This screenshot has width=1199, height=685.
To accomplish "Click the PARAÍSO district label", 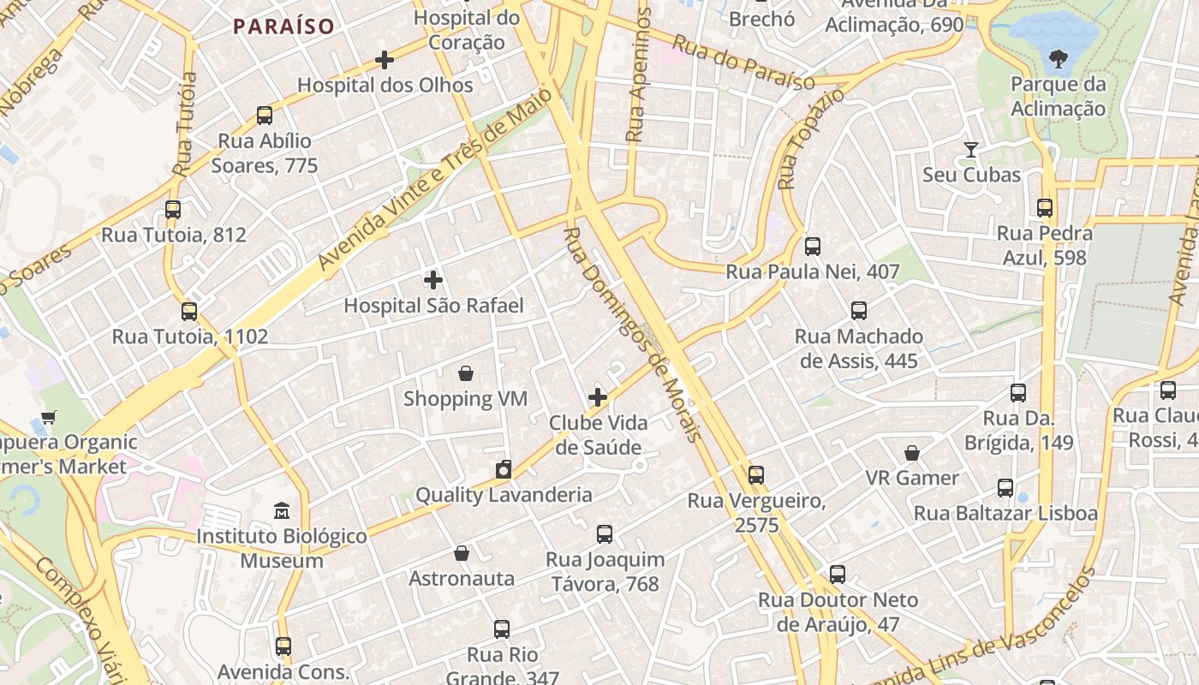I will coord(283,27).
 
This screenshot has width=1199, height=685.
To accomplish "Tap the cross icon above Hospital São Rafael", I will coord(433,280).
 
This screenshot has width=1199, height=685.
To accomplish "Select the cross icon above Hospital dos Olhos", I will coord(385,60).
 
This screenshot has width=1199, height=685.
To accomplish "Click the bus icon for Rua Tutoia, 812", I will coord(173,210).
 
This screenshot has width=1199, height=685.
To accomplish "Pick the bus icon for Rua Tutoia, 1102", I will coord(189,312).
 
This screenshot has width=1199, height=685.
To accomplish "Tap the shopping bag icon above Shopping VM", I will coord(465,373).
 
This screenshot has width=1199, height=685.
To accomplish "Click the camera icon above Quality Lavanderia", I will coord(504,469).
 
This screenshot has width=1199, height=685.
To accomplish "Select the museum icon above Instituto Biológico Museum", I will coord(282,511).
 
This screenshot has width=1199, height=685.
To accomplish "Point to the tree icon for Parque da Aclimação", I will coord(1058,59).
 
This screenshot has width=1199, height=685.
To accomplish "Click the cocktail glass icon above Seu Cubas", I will coord(970,150).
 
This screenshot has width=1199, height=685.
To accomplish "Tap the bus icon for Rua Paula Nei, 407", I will coord(813,247).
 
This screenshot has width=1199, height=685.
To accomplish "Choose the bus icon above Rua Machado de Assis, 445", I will coord(859,311).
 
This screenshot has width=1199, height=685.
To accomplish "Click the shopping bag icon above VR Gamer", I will coord(912,452).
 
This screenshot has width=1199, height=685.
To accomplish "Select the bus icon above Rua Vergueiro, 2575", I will coord(755,475).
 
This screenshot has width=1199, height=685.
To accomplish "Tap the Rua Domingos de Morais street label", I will coord(632,334).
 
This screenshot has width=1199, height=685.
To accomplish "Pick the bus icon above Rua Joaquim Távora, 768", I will coord(605,534).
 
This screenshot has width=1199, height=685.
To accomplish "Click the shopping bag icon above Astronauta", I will coord(462,553).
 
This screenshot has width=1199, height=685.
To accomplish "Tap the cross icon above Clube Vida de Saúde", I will coord(598,397).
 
